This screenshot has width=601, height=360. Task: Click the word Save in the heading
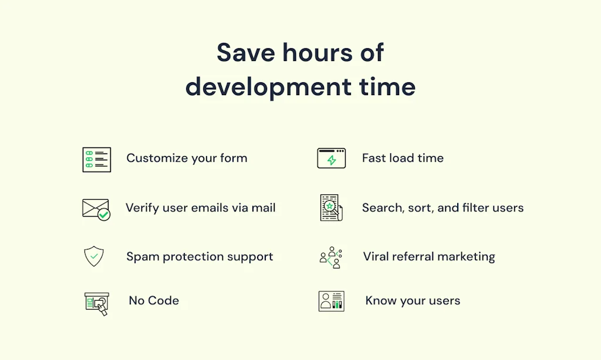coord(246,52)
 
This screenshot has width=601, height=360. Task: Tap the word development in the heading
coord(268,87)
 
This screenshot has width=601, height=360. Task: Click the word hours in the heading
coord(318,52)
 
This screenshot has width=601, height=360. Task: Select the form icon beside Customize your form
coord(97,160)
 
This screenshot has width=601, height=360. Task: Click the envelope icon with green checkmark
coord(96,209)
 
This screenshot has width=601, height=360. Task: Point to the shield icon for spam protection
coord(94,256)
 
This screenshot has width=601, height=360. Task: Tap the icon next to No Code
coord(97,303)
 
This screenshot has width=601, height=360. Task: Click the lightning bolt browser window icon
coord(332,158)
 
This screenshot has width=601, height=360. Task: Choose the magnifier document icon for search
coord(331,208)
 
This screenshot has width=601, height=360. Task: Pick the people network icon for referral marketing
coord(330,257)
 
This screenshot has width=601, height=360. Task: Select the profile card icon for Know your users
coord(332,301)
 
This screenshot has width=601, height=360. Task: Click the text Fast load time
coord(403,158)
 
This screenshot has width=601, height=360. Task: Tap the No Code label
coord(154,300)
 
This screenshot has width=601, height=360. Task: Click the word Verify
coord(142,208)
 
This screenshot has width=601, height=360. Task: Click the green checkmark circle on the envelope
coord(104,215)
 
